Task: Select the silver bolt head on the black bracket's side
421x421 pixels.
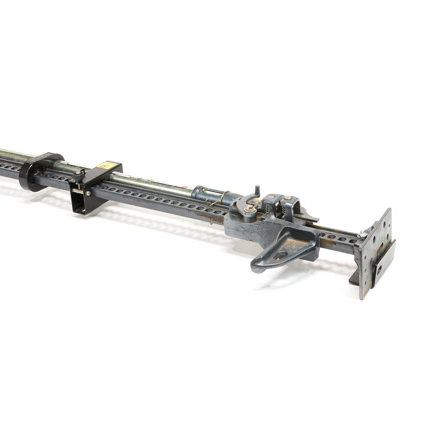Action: click(x=87, y=193)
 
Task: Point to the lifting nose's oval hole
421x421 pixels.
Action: click(x=281, y=256)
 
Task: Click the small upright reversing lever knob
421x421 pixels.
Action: click(x=257, y=190)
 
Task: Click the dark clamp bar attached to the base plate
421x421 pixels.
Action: click(x=384, y=263)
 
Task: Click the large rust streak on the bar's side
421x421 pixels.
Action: click(x=210, y=215)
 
